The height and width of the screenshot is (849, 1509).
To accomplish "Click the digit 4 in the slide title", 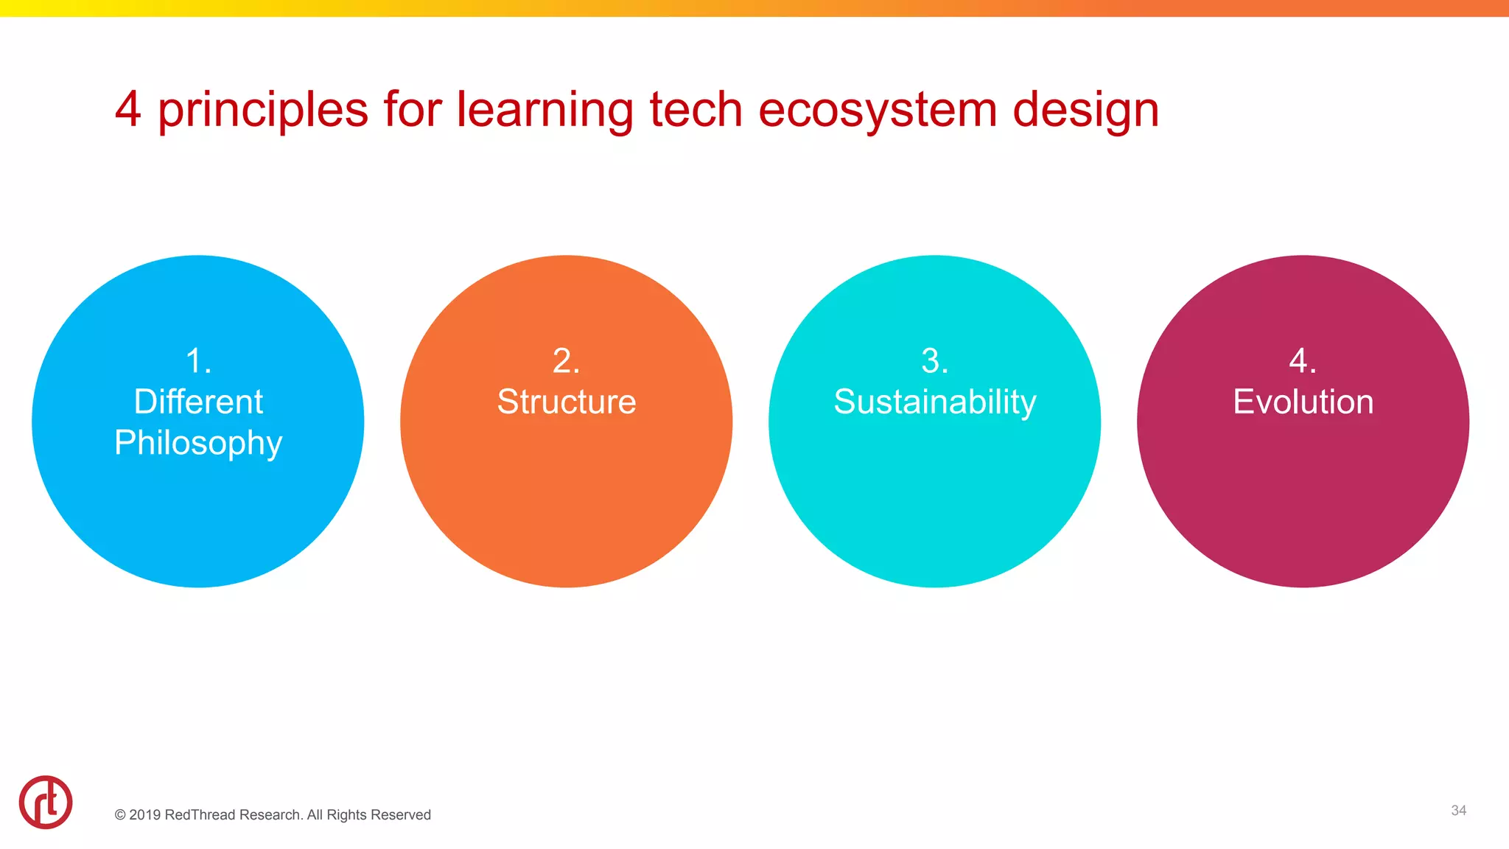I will pos(128,109).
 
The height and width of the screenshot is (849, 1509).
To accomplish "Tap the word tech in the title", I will pos(696,109).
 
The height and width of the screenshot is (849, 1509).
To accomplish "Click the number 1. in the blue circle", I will pos(198,361).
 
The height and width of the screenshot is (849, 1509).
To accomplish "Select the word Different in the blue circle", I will pos(198,402).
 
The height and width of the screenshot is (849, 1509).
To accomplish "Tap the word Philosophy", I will pos(198,443).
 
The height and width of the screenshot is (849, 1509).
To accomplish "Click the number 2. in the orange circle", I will pos(566,361).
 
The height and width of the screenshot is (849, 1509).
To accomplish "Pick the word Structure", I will pos(566,402).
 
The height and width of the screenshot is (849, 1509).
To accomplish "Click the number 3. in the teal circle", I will pos(934,361).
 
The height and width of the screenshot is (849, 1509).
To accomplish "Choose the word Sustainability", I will pos(934,402).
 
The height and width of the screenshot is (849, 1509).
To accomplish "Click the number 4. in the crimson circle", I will pos(1303,361).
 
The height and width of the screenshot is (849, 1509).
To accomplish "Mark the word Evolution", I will pos(1303,402).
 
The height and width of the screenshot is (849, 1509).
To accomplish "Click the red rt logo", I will pos(46,802).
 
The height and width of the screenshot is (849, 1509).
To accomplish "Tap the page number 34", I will pos(1458,810).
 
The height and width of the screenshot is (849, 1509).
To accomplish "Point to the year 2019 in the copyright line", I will pos(144,814).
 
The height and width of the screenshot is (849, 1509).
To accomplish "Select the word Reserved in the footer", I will pos(402,814).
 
